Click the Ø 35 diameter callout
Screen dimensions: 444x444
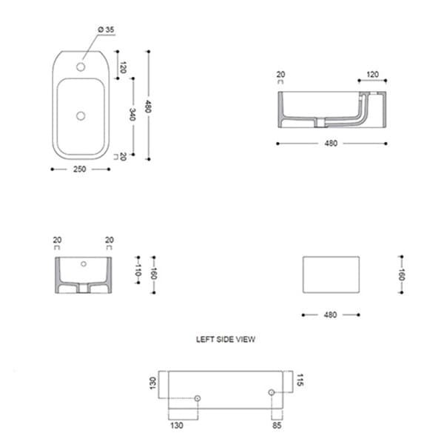106,30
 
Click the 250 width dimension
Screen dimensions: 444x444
80,169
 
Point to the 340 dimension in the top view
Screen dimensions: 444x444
132,115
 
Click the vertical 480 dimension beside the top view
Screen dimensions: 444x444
148,106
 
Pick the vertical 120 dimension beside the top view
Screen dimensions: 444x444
123,67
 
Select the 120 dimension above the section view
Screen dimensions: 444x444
373,75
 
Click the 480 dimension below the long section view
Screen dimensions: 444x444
331,144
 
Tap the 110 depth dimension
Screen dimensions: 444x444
138,269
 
